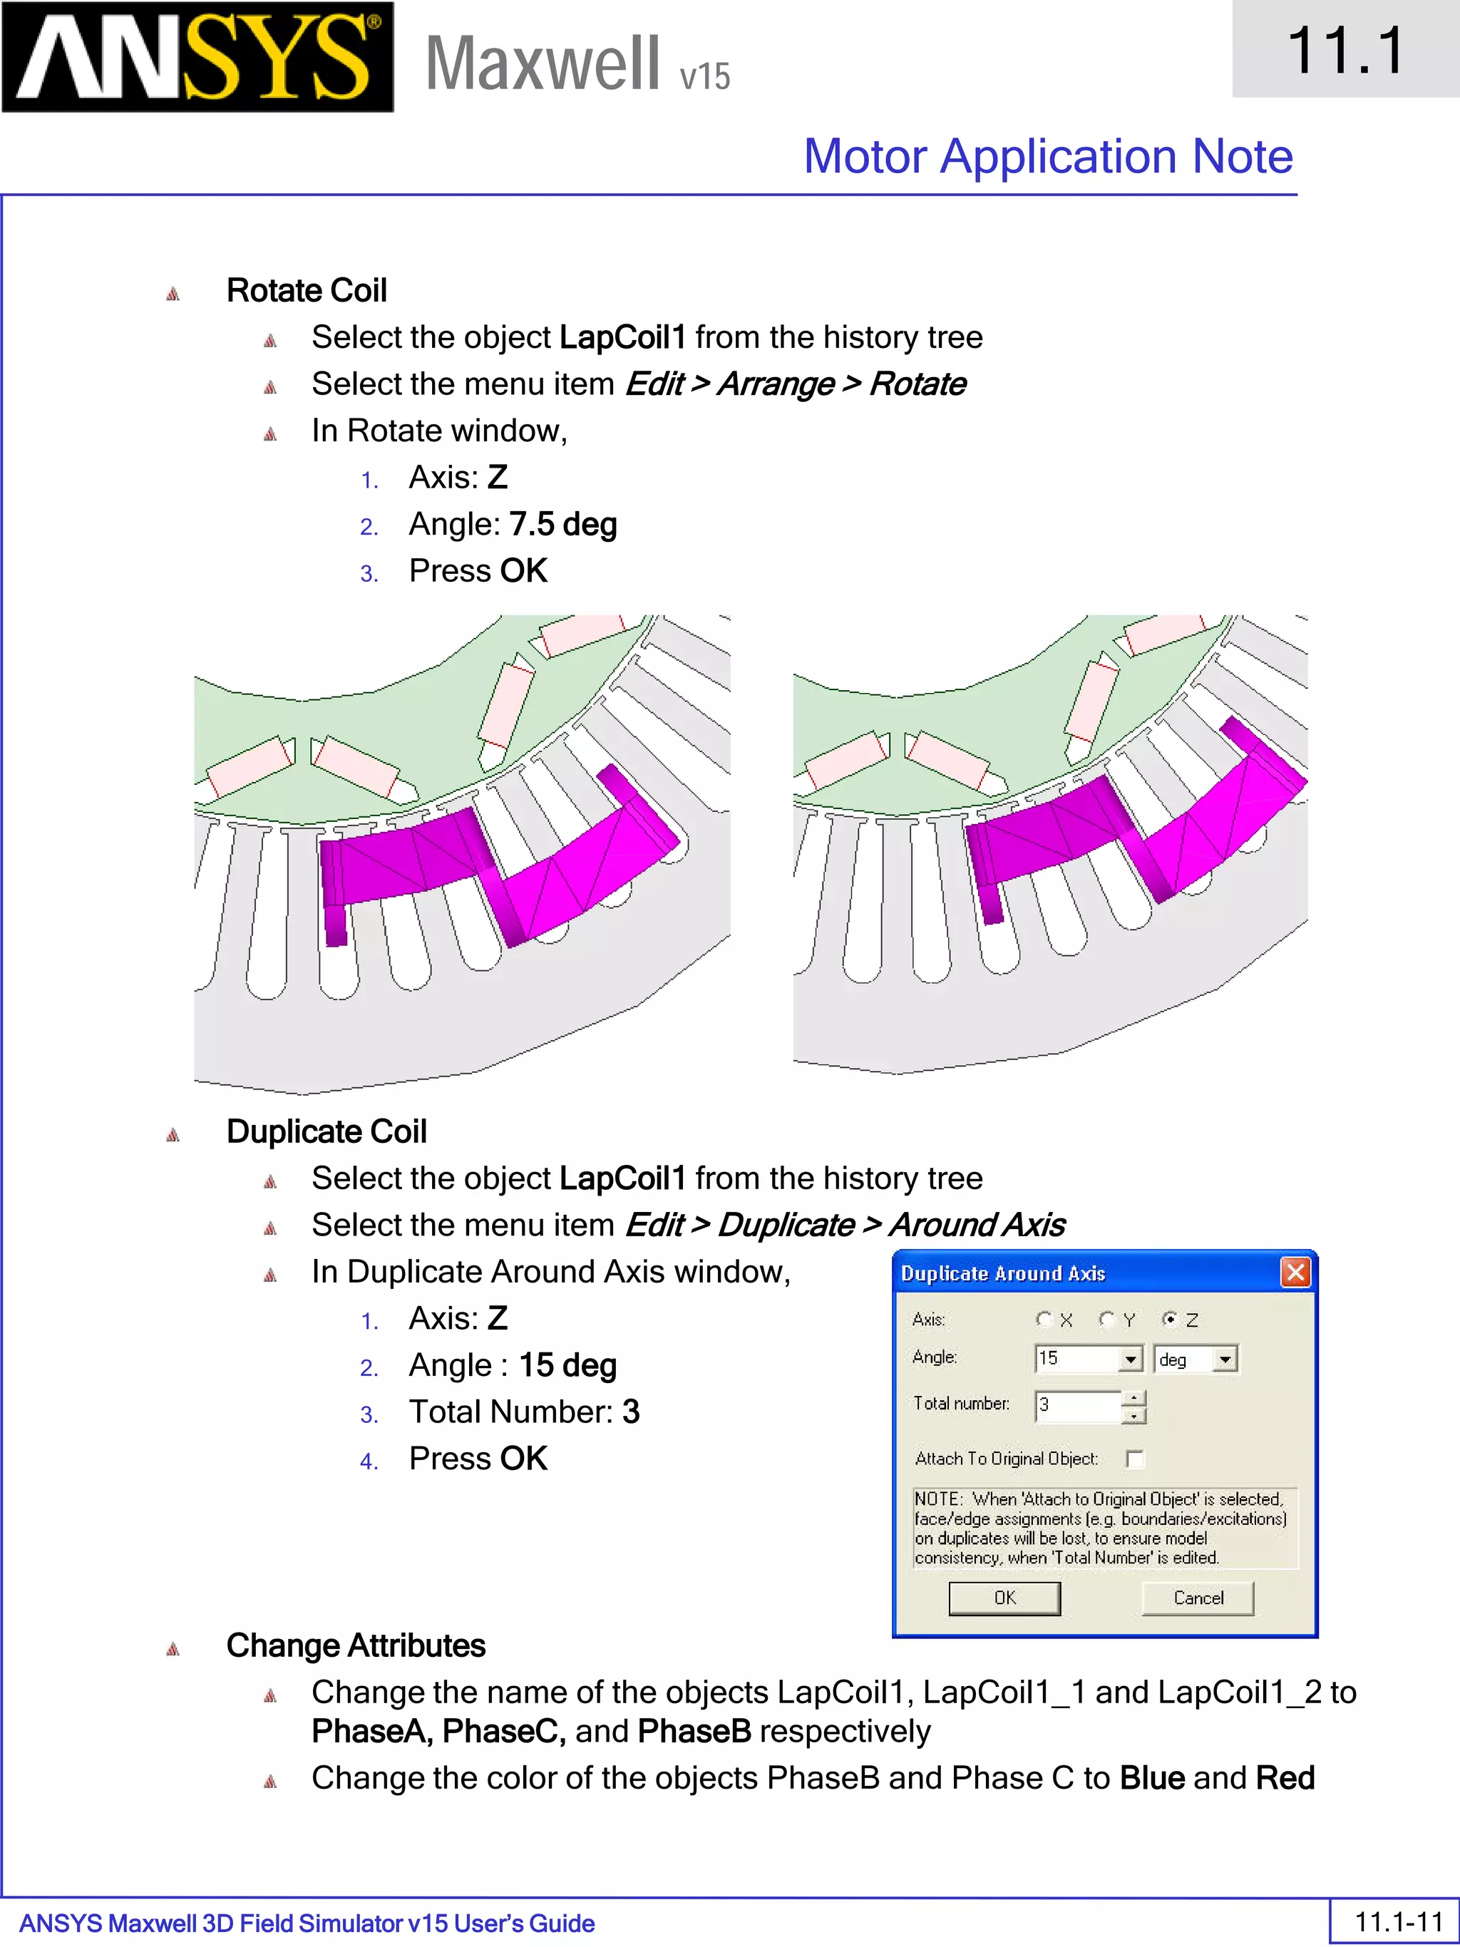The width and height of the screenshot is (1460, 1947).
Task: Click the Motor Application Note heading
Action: [1047, 157]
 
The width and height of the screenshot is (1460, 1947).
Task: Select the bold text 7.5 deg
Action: [563, 525]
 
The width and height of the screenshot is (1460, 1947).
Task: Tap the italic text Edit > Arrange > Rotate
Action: [796, 385]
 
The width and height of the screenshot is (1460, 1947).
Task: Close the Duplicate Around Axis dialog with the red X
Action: [1295, 1273]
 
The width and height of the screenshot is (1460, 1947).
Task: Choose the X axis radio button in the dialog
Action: [1044, 1318]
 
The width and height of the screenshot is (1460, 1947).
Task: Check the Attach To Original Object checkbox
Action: [1135, 1459]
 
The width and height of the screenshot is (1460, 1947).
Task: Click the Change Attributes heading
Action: [356, 1646]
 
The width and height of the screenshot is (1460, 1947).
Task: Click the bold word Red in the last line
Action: [1285, 1778]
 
